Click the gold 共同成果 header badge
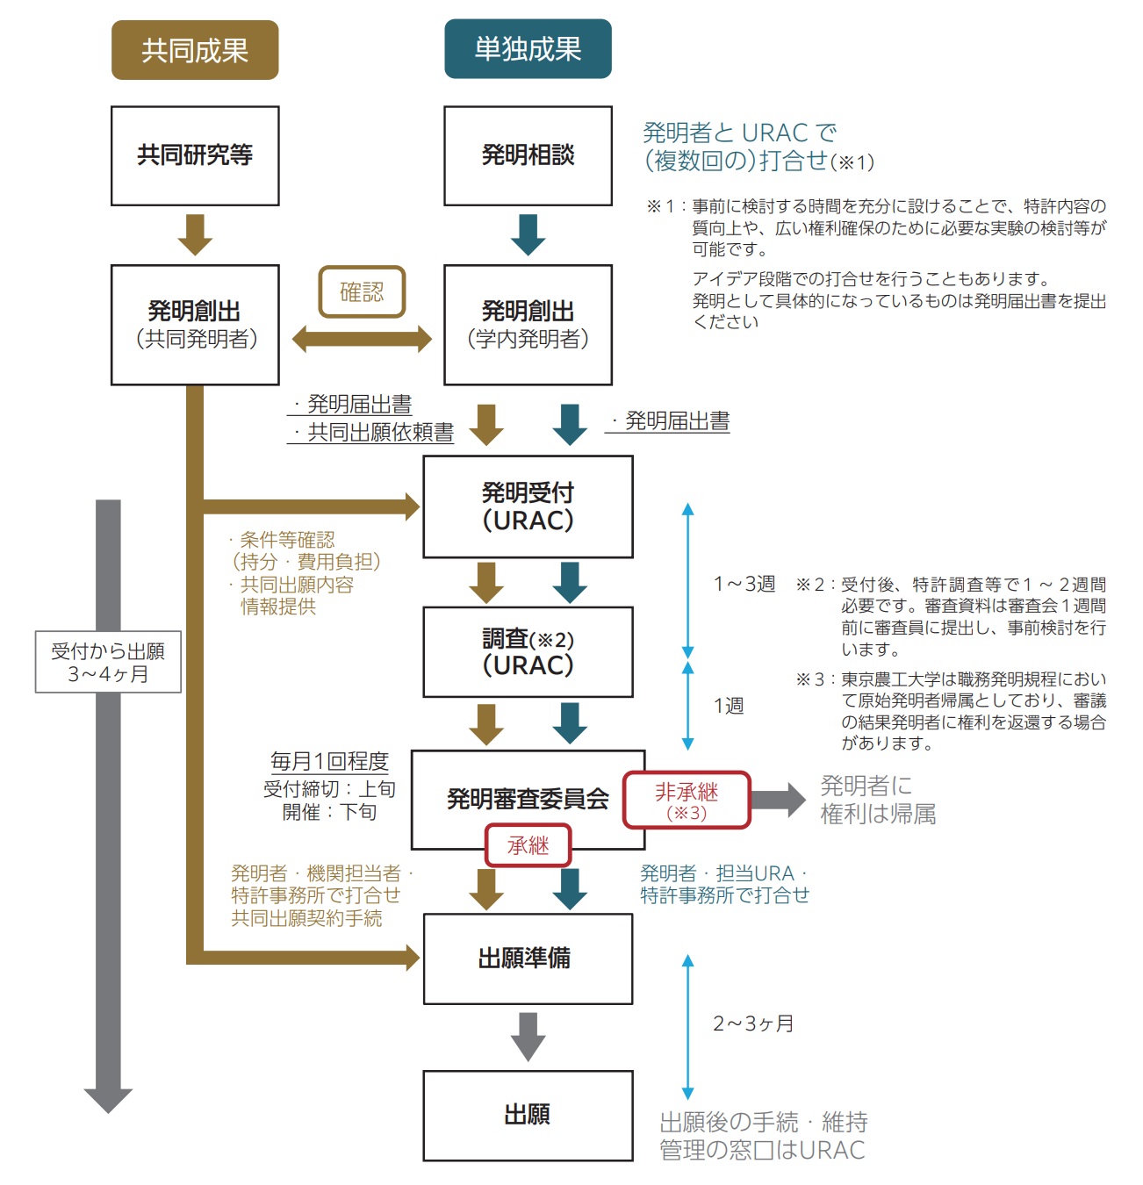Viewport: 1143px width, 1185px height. [195, 51]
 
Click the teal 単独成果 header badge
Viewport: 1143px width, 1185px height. [528, 49]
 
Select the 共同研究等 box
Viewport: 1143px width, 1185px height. [195, 156]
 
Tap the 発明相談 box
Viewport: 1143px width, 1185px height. [528, 156]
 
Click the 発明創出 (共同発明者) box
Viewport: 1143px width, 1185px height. [195, 325]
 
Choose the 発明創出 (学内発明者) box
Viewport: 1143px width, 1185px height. [528, 325]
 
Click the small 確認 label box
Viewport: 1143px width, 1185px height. [362, 291]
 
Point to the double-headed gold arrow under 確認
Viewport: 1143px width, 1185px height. [362, 339]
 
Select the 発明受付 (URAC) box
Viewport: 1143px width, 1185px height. [528, 506]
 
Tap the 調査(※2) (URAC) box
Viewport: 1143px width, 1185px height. [528, 652]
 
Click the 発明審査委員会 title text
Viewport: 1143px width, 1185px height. [527, 799]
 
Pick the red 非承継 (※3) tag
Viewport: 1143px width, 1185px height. [687, 800]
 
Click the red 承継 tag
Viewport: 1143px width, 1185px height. [528, 845]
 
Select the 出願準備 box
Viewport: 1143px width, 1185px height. [528, 959]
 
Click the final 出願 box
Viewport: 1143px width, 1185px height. [528, 1116]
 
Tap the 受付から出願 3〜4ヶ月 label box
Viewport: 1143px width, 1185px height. [108, 662]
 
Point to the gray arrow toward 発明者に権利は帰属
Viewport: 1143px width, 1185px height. [778, 799]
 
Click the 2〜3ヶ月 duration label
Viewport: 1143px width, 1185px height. [752, 1023]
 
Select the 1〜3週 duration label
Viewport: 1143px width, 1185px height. [744, 584]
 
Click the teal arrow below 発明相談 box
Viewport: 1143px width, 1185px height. [528, 234]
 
